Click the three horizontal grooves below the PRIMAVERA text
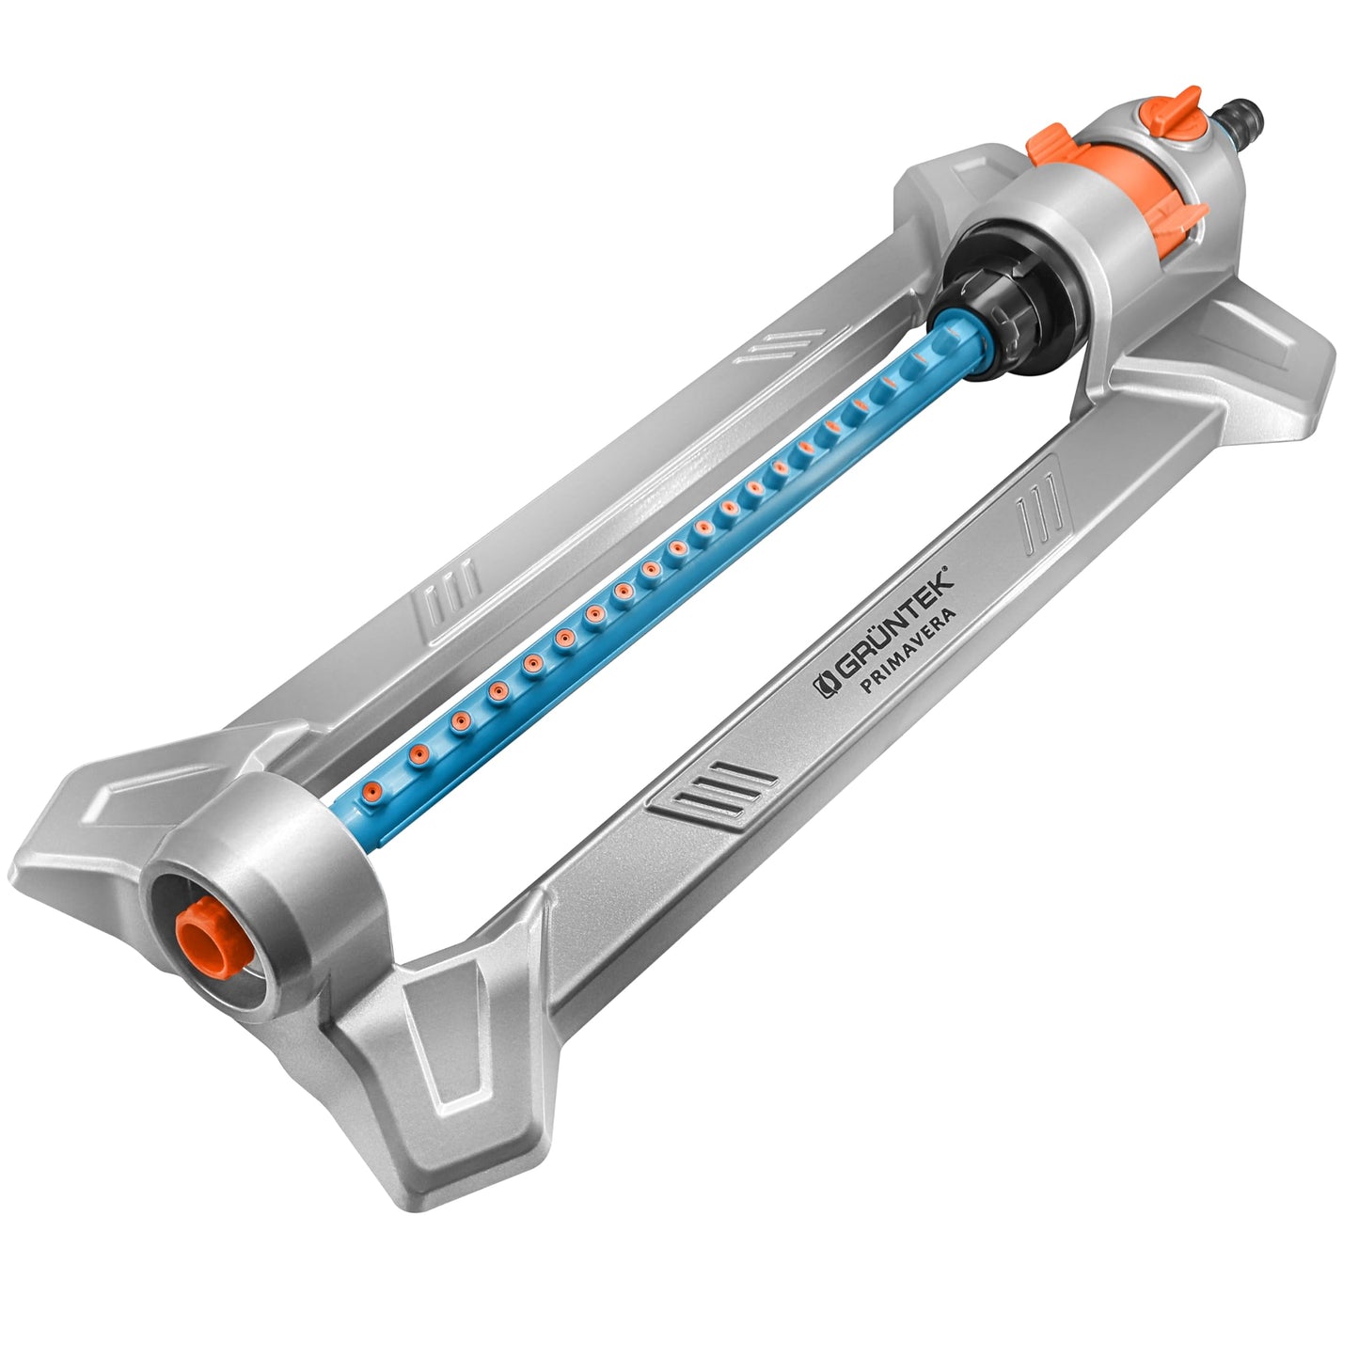[717, 790]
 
